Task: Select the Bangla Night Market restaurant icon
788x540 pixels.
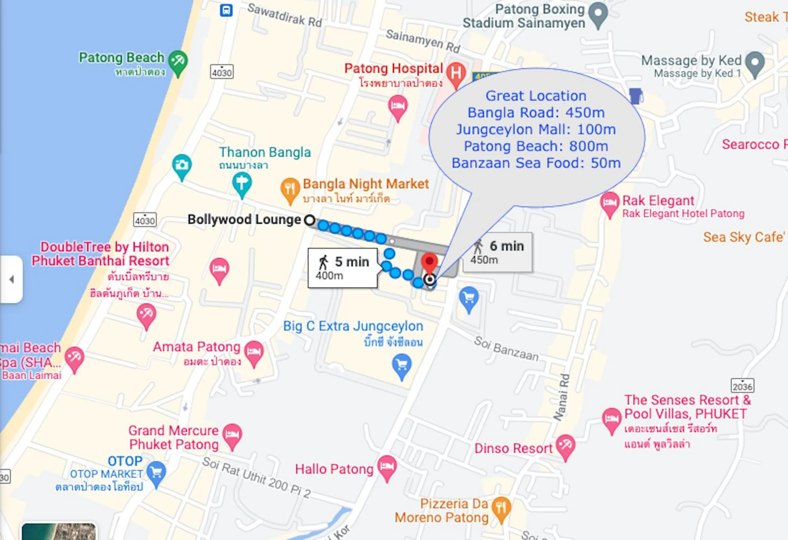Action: tap(290, 189)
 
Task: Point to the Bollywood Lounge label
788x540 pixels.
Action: tap(244, 220)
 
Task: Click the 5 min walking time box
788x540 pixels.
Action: tap(343, 268)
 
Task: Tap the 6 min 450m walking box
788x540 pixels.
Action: tap(498, 252)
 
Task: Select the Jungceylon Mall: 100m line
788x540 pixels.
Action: tap(536, 130)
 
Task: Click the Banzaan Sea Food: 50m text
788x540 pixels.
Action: tap(536, 163)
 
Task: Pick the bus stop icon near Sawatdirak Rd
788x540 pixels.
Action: tap(226, 10)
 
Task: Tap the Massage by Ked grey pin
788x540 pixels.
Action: tap(755, 63)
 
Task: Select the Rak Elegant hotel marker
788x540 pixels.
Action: tap(610, 203)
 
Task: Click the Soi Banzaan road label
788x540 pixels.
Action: tap(506, 349)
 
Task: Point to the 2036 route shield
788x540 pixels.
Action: tap(742, 386)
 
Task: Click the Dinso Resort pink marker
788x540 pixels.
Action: tap(565, 446)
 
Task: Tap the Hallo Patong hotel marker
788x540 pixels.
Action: tap(387, 466)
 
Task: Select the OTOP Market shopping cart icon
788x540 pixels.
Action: tap(157, 472)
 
